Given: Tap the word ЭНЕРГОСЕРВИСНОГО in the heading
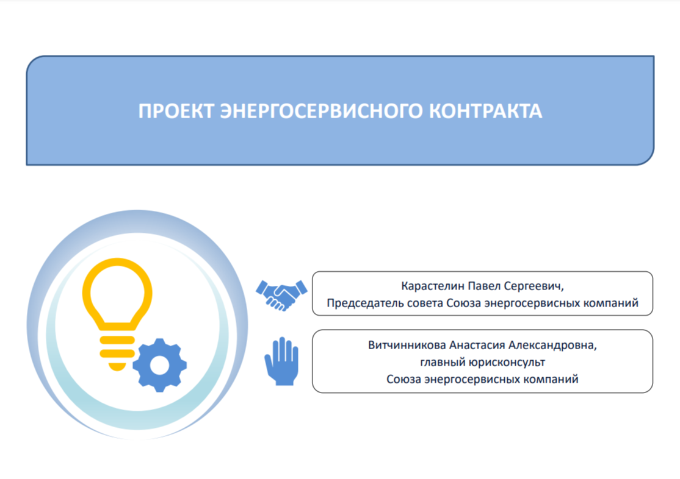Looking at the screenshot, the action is pos(321,111).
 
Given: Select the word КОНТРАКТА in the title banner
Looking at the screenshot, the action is pos(486,111).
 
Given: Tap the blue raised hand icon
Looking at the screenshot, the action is pos(282,361).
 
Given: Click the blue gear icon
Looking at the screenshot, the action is pos(159,365).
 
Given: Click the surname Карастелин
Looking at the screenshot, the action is pos(433,286).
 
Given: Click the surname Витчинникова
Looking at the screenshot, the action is pos(407,345).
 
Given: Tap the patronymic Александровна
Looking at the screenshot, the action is pos(552,346).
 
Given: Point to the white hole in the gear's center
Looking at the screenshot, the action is pos(159,365).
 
